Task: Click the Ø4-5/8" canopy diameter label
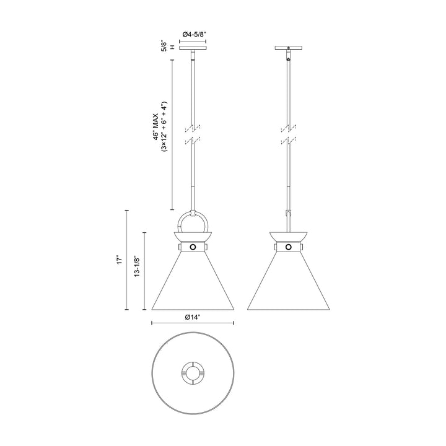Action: pos(194,35)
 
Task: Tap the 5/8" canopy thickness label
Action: pos(163,46)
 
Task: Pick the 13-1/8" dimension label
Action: pos(138,271)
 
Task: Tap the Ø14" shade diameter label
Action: pos(193,317)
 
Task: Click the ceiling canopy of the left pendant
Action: pos(193,48)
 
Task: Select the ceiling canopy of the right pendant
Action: pos(288,48)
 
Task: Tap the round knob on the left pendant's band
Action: pos(193,247)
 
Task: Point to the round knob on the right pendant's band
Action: pos(288,247)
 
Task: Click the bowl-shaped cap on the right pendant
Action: pos(288,236)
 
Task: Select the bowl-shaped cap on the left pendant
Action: pos(193,236)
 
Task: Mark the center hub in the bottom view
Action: pos(193,374)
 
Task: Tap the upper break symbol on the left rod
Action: pos(193,128)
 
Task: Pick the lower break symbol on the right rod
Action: pos(288,142)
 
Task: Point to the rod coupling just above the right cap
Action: pos(288,214)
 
